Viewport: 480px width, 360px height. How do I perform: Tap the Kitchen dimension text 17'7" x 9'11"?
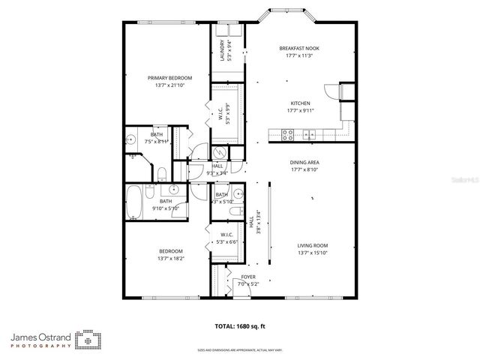[301, 110]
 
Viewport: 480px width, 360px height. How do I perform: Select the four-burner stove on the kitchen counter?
[286, 135]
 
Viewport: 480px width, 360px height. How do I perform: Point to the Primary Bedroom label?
[169, 78]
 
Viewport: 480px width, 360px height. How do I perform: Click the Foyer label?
[247, 277]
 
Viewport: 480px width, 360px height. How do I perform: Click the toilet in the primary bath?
[162, 175]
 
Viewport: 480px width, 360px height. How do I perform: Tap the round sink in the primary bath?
[130, 139]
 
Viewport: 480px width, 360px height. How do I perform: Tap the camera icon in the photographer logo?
[88, 340]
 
